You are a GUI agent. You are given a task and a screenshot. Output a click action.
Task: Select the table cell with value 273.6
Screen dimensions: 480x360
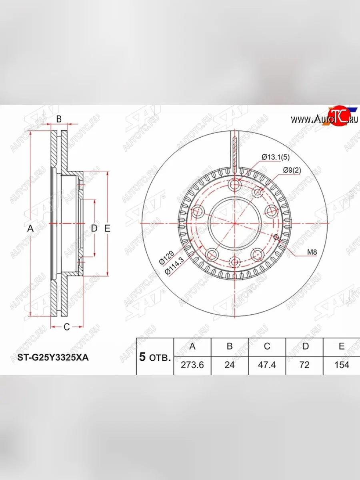click(x=192, y=365)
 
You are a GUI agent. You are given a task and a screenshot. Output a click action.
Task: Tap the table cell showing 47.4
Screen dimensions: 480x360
click(x=267, y=365)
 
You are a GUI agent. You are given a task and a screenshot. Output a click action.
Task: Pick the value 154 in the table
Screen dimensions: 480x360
click(x=341, y=365)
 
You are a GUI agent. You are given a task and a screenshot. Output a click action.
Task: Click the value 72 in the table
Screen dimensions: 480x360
click(x=305, y=365)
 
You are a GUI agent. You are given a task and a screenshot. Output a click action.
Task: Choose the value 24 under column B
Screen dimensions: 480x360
click(x=230, y=365)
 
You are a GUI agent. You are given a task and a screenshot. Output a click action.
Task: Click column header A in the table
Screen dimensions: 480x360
click(x=192, y=346)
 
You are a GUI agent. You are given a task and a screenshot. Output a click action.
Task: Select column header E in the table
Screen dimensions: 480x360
click(x=341, y=346)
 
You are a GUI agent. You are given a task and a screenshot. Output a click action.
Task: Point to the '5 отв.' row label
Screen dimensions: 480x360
click(x=155, y=357)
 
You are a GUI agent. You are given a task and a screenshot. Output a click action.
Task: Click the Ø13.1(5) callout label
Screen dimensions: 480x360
click(x=275, y=158)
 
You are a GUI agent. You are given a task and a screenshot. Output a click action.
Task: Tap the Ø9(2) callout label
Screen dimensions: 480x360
click(x=292, y=170)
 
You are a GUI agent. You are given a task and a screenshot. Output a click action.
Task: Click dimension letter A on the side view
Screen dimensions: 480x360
click(x=30, y=229)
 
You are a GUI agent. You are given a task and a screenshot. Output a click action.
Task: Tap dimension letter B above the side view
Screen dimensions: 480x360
click(x=58, y=119)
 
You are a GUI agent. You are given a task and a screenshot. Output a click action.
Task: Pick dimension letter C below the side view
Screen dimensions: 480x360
click(x=67, y=327)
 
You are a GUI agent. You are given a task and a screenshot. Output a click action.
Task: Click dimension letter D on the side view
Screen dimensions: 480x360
click(x=94, y=229)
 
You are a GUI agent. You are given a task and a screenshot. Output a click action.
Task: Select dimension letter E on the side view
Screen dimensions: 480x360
click(x=107, y=229)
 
